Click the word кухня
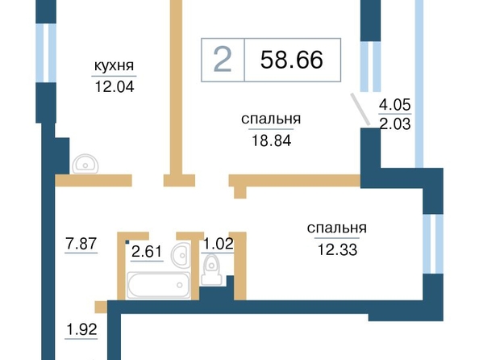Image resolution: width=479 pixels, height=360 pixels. (114, 65)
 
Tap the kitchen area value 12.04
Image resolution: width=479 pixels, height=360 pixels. (115, 87)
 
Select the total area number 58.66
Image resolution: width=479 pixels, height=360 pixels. (291, 60)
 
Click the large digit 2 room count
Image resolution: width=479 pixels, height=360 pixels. (222, 61)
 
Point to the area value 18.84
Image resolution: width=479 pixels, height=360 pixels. (271, 140)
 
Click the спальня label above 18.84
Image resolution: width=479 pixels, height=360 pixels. (271, 119)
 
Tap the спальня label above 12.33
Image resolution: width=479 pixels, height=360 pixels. (336, 228)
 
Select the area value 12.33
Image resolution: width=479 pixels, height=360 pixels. (337, 250)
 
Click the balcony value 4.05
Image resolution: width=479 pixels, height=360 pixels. (394, 105)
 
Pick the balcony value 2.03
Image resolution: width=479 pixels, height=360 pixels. (395, 124)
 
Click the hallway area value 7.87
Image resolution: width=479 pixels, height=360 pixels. (81, 244)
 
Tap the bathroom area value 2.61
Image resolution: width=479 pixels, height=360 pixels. (147, 252)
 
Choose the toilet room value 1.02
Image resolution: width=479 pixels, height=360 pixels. (218, 244)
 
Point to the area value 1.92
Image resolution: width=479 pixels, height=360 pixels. (81, 329)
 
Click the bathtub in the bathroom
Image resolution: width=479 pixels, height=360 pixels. (159, 285)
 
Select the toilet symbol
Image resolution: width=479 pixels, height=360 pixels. (211, 270)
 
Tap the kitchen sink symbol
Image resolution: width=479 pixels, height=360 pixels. (85, 164)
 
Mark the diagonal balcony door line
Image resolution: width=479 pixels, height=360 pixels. (360, 110)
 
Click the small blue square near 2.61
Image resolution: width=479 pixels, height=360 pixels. (127, 242)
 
